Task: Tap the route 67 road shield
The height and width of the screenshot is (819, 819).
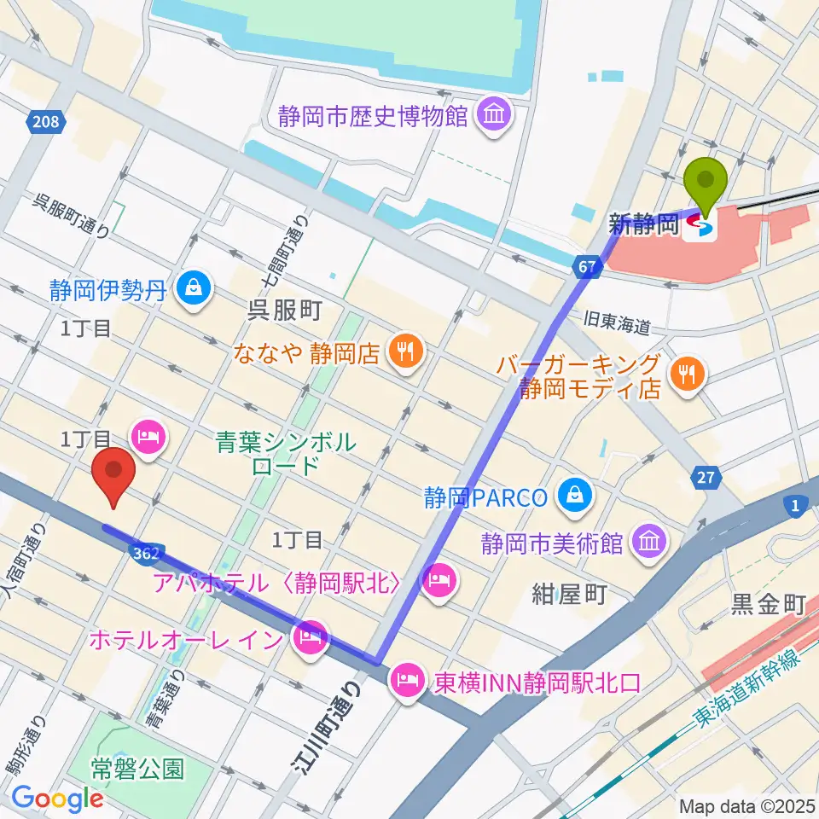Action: tap(587, 268)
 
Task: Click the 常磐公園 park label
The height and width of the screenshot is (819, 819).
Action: tap(137, 769)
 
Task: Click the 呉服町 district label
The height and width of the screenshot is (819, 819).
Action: tap(284, 310)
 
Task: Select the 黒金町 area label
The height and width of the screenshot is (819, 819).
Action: tap(768, 606)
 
